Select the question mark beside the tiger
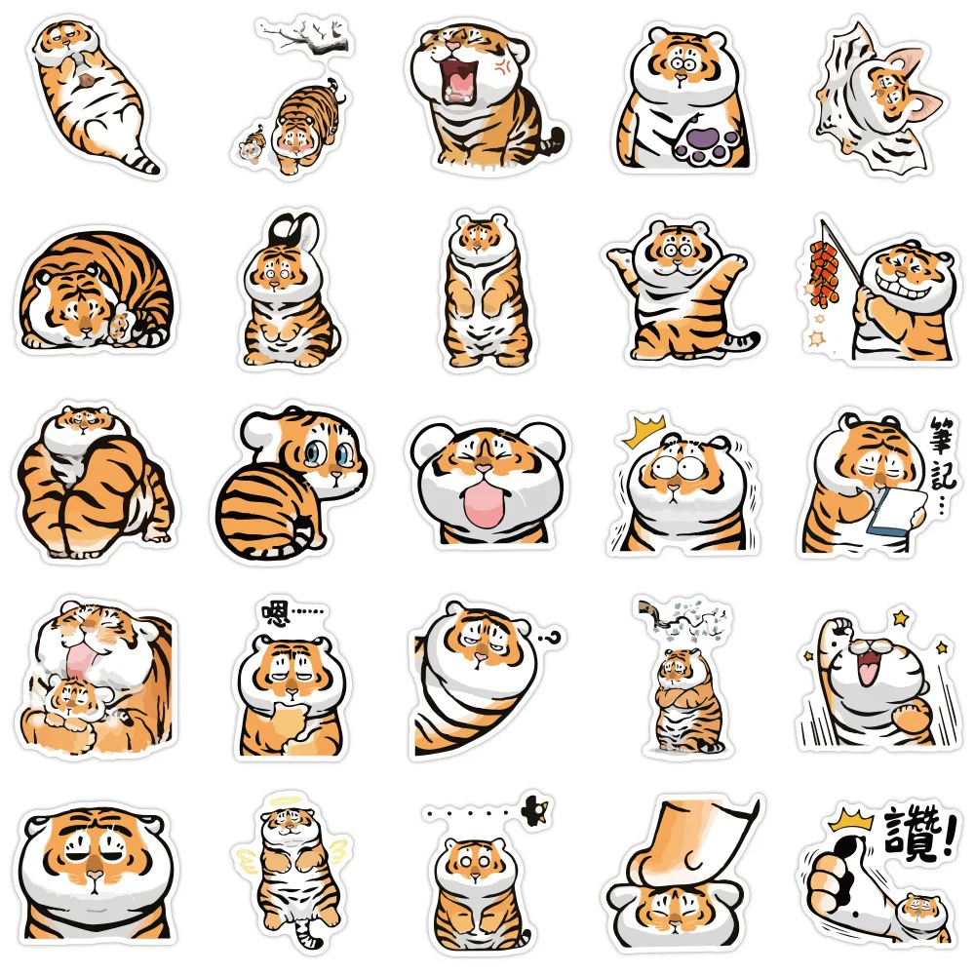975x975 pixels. coord(556,637)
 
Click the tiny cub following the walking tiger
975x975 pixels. coord(249,147)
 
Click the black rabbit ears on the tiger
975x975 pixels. coord(282,227)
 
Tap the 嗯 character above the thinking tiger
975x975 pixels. coord(277,613)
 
